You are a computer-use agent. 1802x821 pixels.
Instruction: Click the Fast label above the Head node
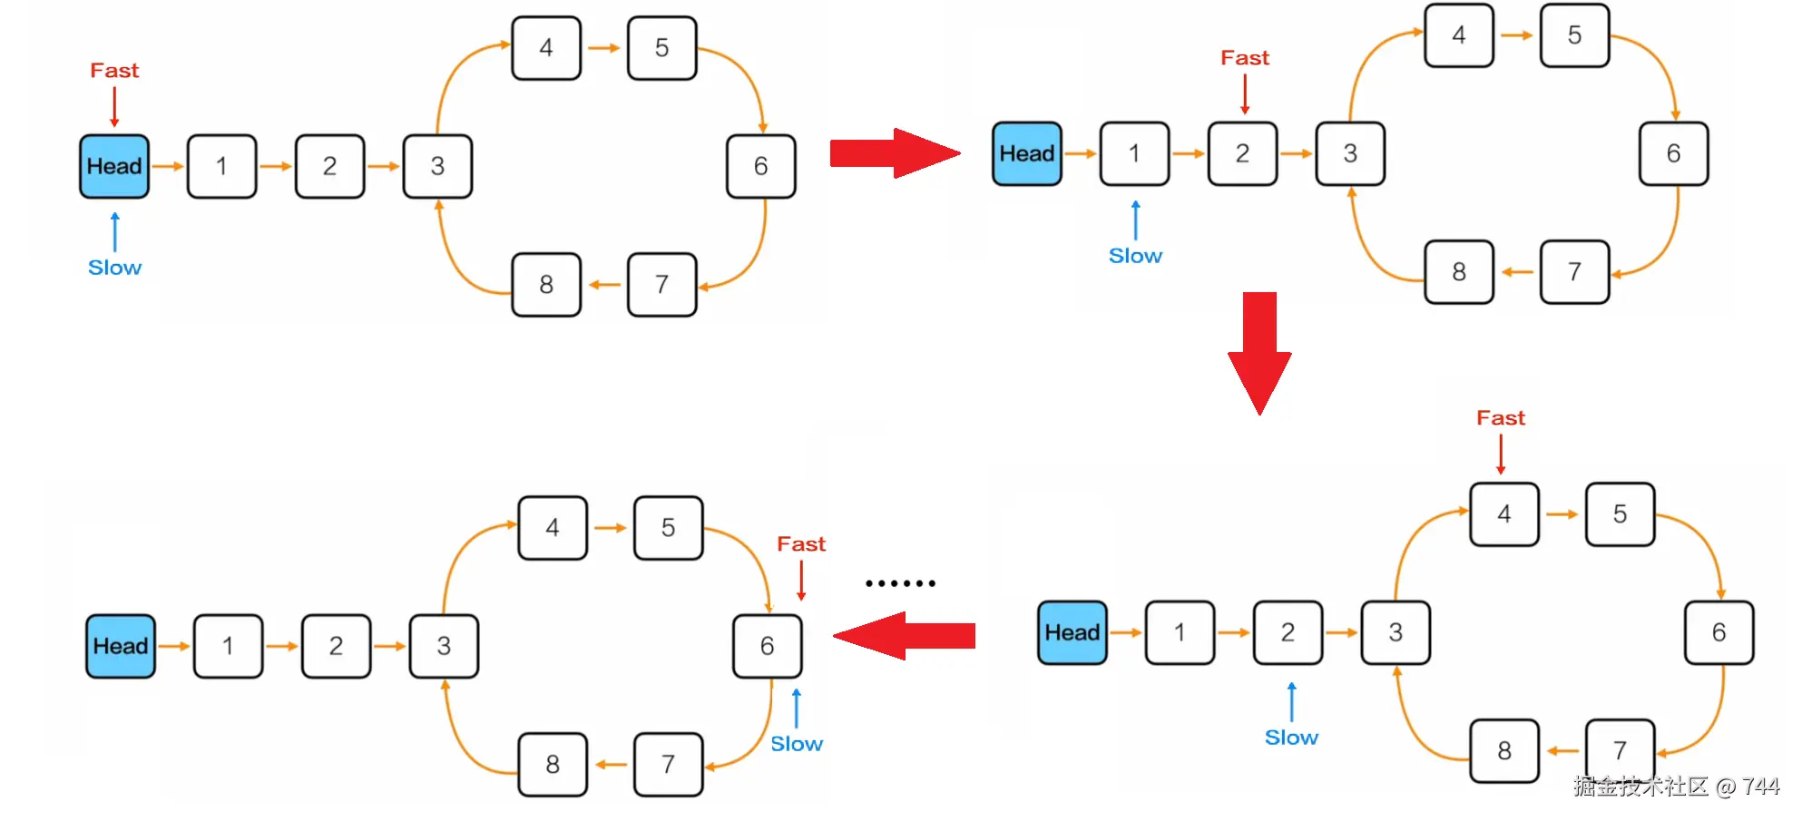tap(114, 70)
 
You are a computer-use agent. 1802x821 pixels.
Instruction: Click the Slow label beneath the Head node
tap(114, 268)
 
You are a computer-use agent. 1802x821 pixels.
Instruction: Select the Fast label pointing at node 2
tap(1245, 57)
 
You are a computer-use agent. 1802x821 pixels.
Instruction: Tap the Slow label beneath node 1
tap(1135, 256)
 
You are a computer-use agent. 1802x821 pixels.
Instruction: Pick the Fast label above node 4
tap(1501, 417)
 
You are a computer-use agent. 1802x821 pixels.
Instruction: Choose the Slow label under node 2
tap(1291, 738)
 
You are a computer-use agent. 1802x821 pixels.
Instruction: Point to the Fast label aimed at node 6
tap(801, 543)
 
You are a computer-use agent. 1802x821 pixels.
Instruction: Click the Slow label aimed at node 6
tap(797, 744)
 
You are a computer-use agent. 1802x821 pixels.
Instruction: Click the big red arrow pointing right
tap(895, 153)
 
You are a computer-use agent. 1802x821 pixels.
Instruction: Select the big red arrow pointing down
tap(1259, 353)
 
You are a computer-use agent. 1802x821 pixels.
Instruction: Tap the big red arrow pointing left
tap(904, 636)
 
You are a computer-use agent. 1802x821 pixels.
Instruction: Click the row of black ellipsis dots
tap(900, 583)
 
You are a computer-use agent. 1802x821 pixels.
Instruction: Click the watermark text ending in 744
tap(1676, 786)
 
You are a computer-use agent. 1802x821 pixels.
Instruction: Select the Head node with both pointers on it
tap(114, 166)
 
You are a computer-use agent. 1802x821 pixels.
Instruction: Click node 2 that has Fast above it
tap(1242, 153)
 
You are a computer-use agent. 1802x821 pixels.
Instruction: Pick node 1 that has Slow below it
tap(1134, 153)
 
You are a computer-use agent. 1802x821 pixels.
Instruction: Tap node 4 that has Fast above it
tap(1504, 514)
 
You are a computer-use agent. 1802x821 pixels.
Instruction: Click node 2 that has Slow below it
tap(1288, 632)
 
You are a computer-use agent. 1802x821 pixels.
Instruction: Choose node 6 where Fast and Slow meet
tap(768, 646)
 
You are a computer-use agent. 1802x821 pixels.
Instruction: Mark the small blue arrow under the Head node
tap(114, 231)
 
